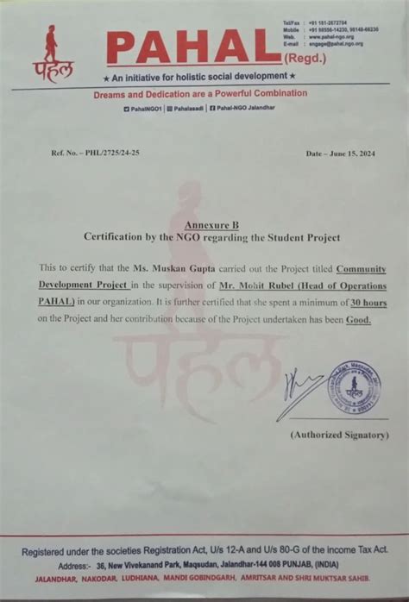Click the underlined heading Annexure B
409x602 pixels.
[211, 223]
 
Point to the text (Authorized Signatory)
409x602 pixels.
[339, 435]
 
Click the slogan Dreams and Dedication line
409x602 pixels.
[200, 93]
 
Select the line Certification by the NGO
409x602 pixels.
[211, 236]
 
